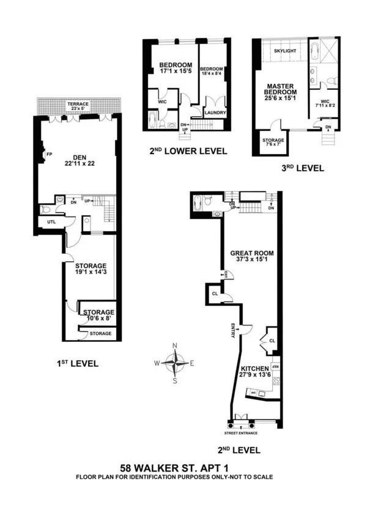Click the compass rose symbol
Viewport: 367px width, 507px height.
tap(176, 363)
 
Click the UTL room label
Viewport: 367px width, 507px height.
tap(51, 222)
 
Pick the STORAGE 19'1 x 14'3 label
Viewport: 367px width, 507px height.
tap(91, 270)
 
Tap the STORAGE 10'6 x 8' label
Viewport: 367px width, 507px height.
tap(98, 314)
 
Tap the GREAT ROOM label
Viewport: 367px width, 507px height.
tap(252, 256)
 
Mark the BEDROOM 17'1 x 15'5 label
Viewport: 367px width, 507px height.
tap(176, 68)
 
